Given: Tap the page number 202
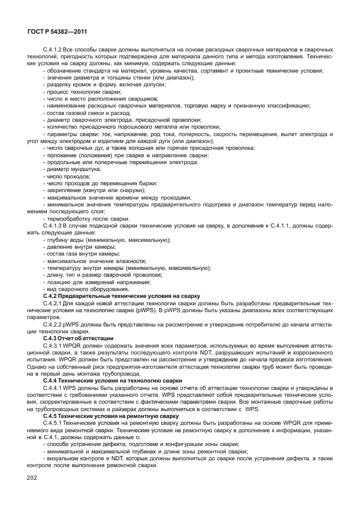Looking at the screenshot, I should coord(34,477).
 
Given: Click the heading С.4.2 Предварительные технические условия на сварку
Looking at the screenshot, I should coord(122,296).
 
